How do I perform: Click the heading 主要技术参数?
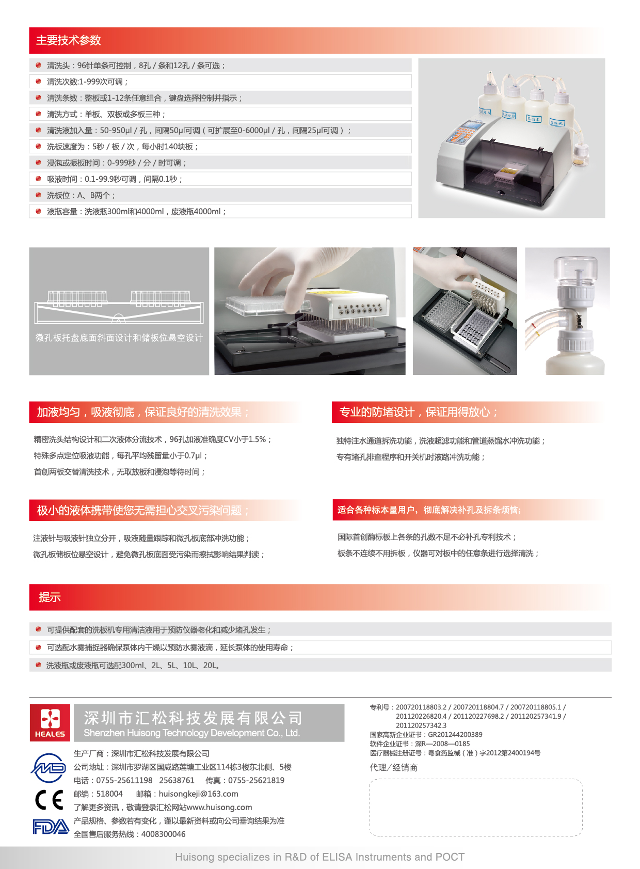tap(68, 40)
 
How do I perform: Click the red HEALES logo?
tap(50, 722)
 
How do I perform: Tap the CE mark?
tap(49, 800)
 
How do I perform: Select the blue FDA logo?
tap(51, 827)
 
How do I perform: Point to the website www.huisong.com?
tap(219, 808)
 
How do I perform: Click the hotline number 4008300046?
tap(163, 834)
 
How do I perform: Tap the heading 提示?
tap(50, 597)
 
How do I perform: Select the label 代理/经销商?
tap(394, 768)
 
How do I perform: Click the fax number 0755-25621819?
tap(256, 780)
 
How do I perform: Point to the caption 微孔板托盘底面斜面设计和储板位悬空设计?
tap(119, 338)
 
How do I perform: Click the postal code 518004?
tap(109, 794)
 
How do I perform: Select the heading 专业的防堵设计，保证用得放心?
tap(418, 412)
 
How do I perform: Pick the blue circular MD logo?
tap(49, 768)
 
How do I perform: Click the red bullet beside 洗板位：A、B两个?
tap(38, 195)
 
